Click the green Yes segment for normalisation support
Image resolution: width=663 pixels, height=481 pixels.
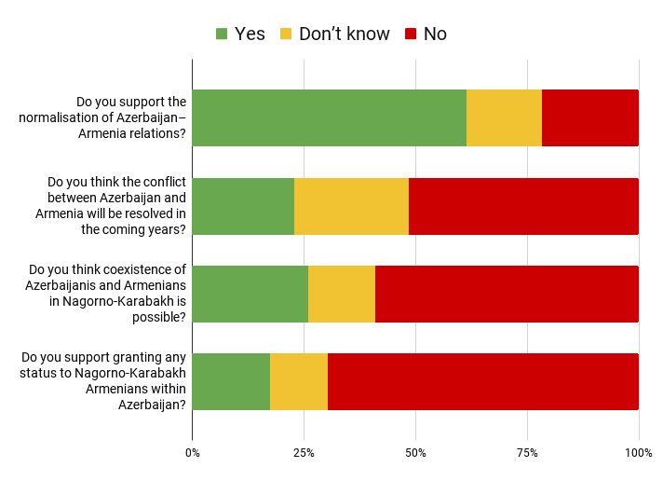[x=329, y=118]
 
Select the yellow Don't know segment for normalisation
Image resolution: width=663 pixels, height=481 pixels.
[x=504, y=118]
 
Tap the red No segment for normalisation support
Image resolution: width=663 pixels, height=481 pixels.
[x=589, y=118]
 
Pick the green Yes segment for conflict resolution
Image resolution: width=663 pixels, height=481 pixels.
[x=243, y=206]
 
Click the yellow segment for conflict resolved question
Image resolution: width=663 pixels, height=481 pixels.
[x=351, y=206]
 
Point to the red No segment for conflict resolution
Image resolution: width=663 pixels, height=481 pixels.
[x=523, y=206]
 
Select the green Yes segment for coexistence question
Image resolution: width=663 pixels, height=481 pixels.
[x=250, y=294]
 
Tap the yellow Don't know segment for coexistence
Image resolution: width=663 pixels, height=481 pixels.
[x=342, y=294]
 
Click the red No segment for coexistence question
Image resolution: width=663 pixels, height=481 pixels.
[x=507, y=294]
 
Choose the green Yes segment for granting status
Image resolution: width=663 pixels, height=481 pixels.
[x=231, y=381]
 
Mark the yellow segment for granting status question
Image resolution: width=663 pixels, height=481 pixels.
[x=299, y=381]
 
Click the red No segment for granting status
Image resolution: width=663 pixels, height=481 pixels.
[x=482, y=381]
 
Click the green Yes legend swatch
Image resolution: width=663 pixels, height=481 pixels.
[x=222, y=34]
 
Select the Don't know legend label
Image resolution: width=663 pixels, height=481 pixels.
[x=344, y=34]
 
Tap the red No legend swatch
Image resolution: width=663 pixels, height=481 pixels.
[x=411, y=34]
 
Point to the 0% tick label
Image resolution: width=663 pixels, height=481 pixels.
[x=193, y=453]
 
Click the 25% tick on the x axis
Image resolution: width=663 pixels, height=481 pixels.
[x=304, y=453]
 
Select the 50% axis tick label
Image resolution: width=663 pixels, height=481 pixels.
[x=415, y=453]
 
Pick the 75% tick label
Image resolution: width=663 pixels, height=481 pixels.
[x=527, y=453]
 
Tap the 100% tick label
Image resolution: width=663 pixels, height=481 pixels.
[x=638, y=453]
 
